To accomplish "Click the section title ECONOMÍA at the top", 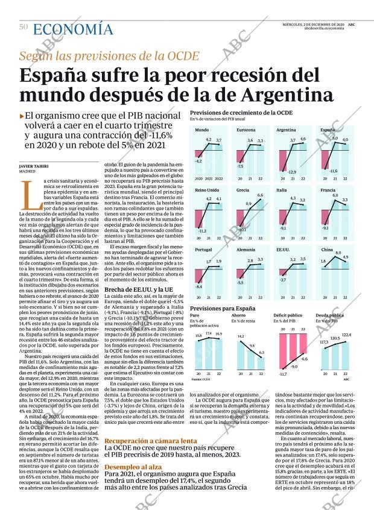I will [73, 29].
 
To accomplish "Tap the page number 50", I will [24, 27].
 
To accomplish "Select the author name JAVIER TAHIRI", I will [34, 166].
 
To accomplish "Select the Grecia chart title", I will [242, 190].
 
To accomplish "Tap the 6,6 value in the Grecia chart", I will [260, 195].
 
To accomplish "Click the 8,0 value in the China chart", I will [338, 253].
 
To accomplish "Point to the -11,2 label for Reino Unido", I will [202, 230].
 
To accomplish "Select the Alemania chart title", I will [246, 249].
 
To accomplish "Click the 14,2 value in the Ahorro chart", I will [241, 336].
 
